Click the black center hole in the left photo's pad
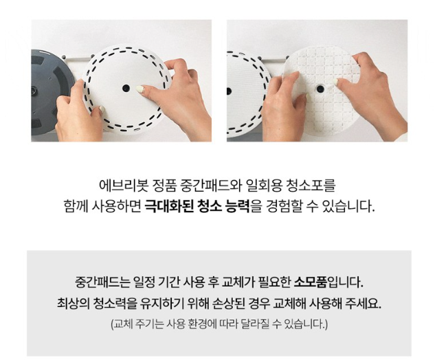126,88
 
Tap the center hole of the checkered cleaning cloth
320,89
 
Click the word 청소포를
311,185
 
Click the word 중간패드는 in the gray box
102,282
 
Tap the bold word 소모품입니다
329,282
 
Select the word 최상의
73,303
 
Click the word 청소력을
116,303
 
